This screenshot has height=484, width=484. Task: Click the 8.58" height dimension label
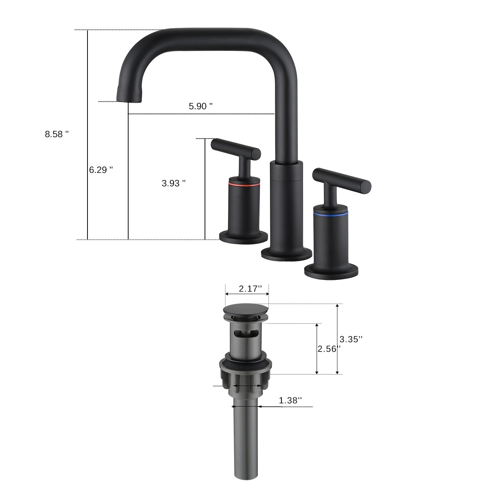click(57, 134)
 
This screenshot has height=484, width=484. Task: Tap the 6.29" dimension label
click(101, 170)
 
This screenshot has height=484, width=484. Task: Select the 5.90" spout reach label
click(201, 106)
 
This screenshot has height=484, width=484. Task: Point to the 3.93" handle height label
click(173, 183)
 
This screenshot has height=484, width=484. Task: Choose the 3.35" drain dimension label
click(351, 339)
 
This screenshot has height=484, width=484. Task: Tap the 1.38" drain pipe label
click(290, 400)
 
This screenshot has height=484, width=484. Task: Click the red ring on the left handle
click(243, 184)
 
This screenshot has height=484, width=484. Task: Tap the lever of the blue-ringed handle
click(342, 178)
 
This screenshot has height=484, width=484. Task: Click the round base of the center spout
click(286, 254)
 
